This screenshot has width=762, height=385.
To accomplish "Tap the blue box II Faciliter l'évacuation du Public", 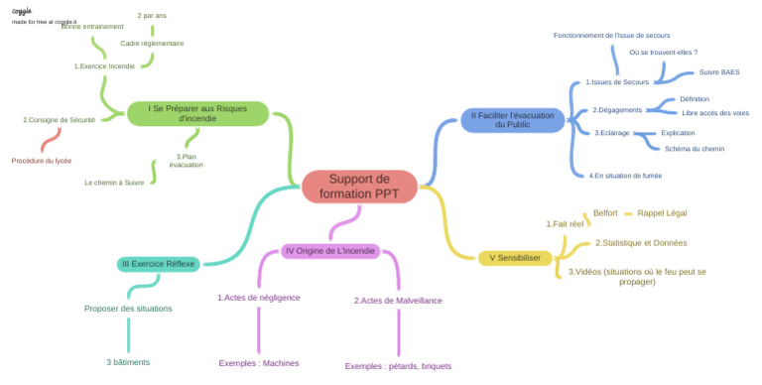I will pyautogui.click(x=512, y=120).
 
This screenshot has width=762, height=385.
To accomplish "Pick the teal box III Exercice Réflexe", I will pyautogui.click(x=159, y=264).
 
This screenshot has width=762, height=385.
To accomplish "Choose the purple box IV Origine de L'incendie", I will pyautogui.click(x=330, y=251).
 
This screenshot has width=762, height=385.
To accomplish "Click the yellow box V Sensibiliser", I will pyautogui.click(x=514, y=258).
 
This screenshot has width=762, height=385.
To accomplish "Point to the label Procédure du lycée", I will pyautogui.click(x=42, y=160).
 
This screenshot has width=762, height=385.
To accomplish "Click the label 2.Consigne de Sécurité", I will pyautogui.click(x=59, y=119).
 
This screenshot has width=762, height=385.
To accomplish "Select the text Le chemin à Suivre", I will pyautogui.click(x=114, y=183).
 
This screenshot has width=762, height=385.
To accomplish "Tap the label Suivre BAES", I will pyautogui.click(x=719, y=71).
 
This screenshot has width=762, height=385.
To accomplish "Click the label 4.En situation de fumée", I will pyautogui.click(x=625, y=175).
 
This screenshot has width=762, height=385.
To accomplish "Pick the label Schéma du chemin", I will pyautogui.click(x=695, y=149).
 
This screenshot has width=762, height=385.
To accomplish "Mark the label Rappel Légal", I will pyautogui.click(x=662, y=212).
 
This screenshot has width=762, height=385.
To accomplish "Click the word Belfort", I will pyautogui.click(x=605, y=212).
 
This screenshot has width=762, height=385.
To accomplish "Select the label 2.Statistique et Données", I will pyautogui.click(x=641, y=242).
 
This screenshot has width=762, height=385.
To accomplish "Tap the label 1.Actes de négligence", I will pyautogui.click(x=258, y=297).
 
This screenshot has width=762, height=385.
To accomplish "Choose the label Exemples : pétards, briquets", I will pyautogui.click(x=398, y=365).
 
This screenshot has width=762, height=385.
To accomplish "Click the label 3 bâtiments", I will pyautogui.click(x=128, y=362).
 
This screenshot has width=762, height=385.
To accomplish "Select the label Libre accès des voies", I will pyautogui.click(x=715, y=113).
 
